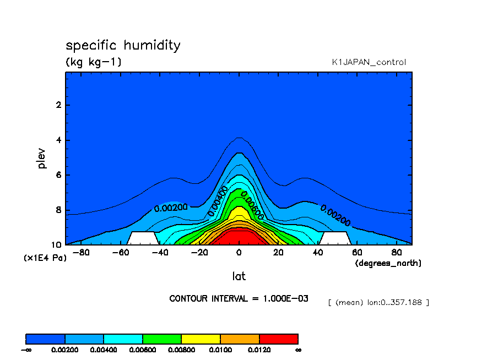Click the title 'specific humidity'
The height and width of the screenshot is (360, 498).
[123, 45]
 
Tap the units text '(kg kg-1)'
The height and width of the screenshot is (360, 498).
[94, 62]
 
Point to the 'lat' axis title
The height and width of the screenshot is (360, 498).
[239, 276]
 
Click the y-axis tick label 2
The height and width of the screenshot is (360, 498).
[58, 105]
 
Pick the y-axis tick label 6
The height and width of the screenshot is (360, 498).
[58, 175]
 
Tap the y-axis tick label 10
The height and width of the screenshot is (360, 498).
[56, 245]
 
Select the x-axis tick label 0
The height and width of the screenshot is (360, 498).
[239, 253]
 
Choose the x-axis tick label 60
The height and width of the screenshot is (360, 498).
[357, 253]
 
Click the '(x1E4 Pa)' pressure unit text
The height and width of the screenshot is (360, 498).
[44, 258]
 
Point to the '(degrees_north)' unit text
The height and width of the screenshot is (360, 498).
[388, 264]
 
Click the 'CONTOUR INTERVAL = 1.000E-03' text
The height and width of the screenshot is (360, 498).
[239, 299]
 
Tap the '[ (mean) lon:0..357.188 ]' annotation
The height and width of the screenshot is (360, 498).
[378, 302]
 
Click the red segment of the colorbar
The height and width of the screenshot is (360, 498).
[278, 339]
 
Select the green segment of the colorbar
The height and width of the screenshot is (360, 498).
[162, 339]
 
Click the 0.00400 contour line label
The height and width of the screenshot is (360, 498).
[218, 201]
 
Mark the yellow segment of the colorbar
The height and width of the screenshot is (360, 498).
[201, 339]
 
